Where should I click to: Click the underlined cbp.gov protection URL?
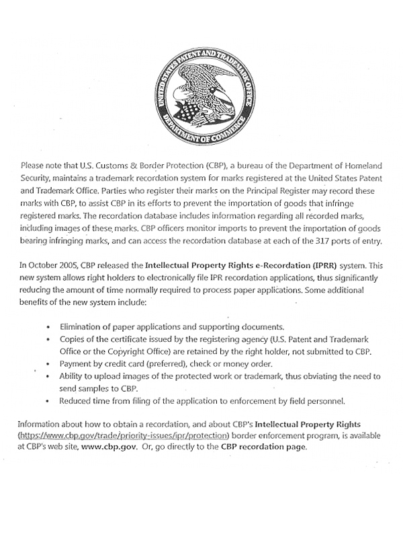click(120, 435)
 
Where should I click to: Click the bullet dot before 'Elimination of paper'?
click(48, 326)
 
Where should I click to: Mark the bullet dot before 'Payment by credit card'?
click(48, 363)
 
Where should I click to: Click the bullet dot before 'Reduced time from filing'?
click(48, 402)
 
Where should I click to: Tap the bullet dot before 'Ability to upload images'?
click(48, 376)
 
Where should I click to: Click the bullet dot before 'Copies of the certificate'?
click(48, 338)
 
